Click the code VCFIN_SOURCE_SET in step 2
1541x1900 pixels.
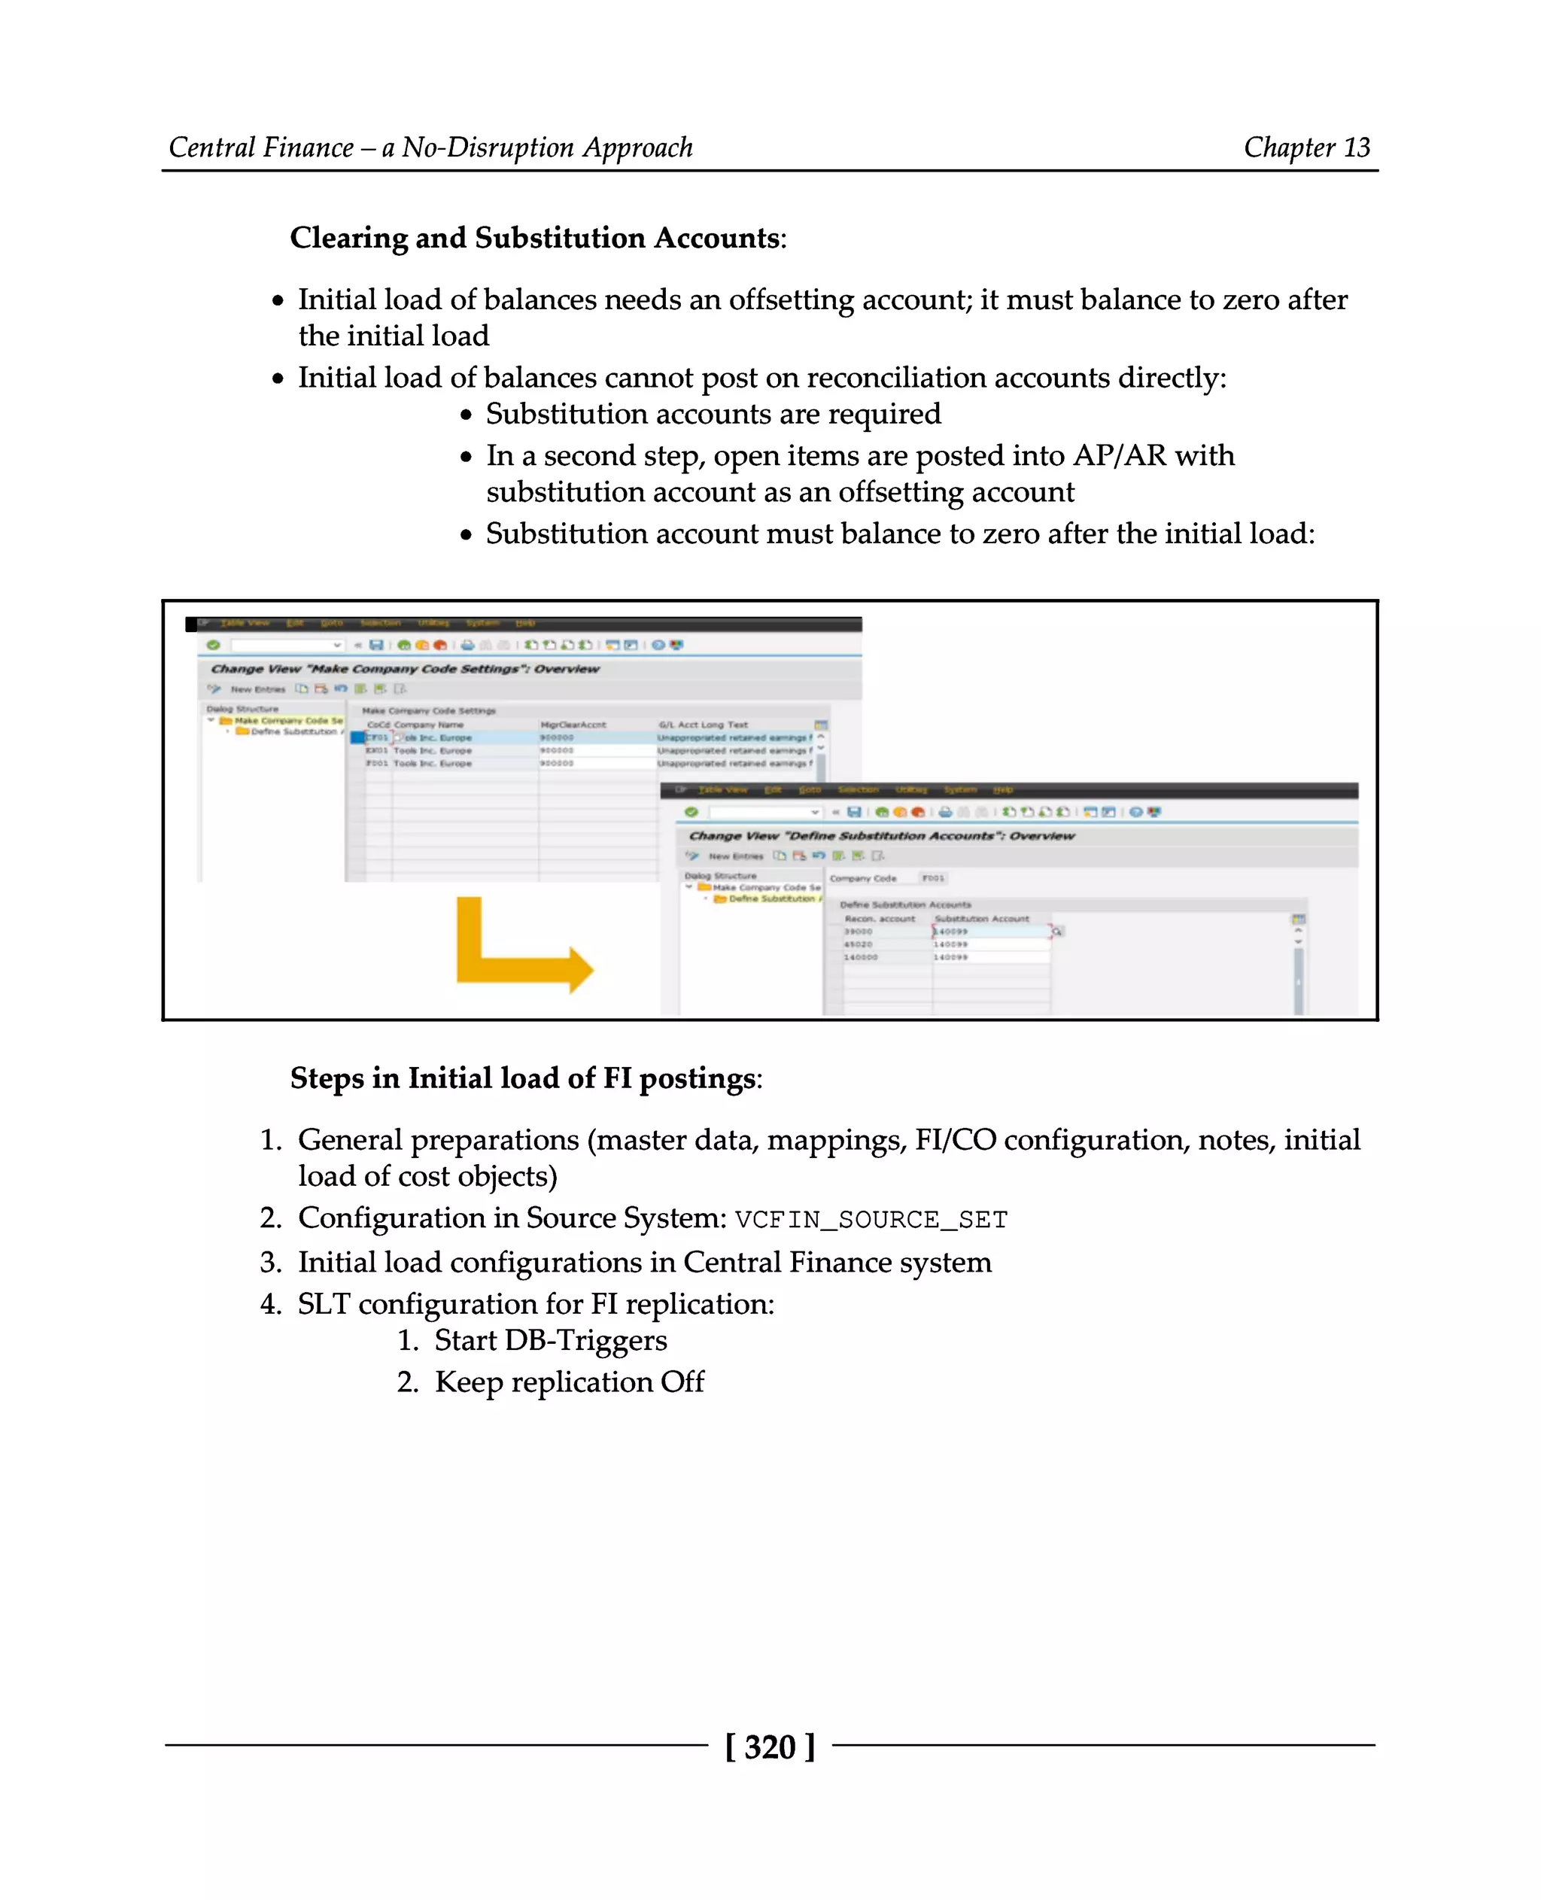click(x=871, y=1220)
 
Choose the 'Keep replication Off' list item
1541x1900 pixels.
click(x=569, y=1382)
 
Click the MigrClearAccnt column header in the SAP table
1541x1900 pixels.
click(x=573, y=725)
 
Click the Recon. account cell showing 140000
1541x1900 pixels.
click(x=860, y=957)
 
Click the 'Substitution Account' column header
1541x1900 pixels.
click(x=982, y=919)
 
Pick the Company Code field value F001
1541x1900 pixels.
click(x=932, y=878)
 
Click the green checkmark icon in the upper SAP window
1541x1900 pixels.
click(x=213, y=645)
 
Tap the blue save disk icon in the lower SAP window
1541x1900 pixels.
click(x=854, y=811)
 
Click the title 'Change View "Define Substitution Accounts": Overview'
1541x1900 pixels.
click(x=881, y=835)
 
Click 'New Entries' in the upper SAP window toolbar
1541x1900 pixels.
click(x=257, y=689)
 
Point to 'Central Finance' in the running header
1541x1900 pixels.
click(x=261, y=147)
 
